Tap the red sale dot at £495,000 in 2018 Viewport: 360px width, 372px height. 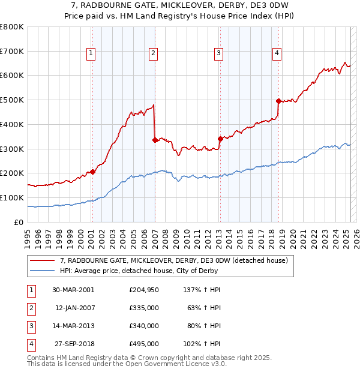[278, 101]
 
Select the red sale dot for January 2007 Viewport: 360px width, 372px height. [155, 140]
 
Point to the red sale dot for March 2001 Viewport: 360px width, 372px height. [93, 172]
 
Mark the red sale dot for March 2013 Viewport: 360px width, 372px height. [220, 139]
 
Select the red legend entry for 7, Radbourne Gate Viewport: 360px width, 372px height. [174, 260]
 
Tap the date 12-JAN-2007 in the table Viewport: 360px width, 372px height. [74, 308]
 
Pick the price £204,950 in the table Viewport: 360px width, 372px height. [143, 290]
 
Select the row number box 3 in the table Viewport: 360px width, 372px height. [29, 326]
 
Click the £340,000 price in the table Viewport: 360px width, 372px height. [143, 326]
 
